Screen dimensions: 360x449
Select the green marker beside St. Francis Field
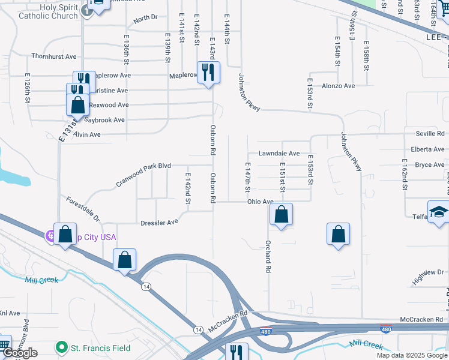[60, 347]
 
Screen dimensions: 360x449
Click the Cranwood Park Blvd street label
[143, 173]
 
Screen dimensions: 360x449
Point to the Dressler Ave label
[159, 222]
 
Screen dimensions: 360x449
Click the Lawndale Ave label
[279, 154]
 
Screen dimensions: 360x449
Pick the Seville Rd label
[432, 133]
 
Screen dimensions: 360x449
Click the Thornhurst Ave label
[54, 56]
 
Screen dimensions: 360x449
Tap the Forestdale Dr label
[83, 209]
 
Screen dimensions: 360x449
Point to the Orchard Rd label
[269, 257]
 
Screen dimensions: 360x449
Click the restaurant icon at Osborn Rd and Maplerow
[208, 73]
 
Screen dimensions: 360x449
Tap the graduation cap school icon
[439, 212]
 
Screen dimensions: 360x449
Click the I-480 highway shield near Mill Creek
[387, 329]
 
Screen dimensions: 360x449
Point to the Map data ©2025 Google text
[411, 355]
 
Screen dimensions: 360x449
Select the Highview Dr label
[427, 277]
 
